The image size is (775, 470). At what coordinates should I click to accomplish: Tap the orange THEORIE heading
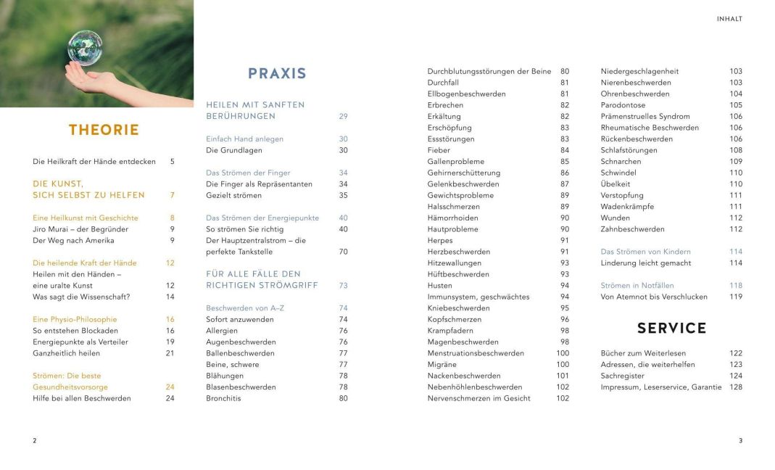click(104, 131)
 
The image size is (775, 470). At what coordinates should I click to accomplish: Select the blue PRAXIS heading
click(277, 73)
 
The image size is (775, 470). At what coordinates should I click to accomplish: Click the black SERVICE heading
click(671, 329)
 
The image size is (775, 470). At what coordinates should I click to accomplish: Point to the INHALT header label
click(729, 19)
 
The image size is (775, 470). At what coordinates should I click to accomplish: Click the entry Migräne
click(442, 364)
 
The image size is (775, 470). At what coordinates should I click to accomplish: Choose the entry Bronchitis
click(223, 398)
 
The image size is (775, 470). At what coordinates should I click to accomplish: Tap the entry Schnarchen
click(621, 161)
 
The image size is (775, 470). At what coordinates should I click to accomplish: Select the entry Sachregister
click(622, 376)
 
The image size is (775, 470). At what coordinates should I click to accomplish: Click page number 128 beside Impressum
click(736, 387)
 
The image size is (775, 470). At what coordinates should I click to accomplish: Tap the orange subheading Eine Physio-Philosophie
click(75, 319)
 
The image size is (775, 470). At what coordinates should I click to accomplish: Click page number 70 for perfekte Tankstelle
click(343, 252)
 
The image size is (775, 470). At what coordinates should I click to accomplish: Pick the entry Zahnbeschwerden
click(632, 229)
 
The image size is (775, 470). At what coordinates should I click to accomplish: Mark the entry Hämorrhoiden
click(452, 218)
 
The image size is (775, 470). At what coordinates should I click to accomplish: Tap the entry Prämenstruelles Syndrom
click(645, 116)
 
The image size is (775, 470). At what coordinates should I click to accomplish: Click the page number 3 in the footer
click(740, 440)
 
